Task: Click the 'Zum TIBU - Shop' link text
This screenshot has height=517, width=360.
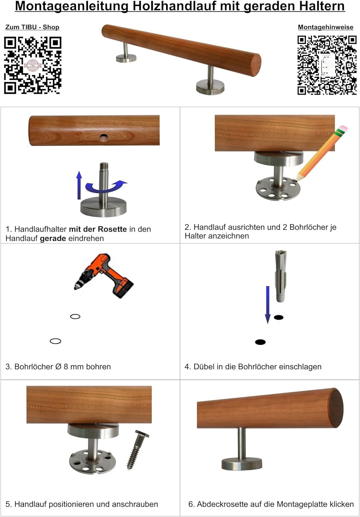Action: coord(32,27)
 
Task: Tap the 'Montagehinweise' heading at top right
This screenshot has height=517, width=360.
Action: coord(326,27)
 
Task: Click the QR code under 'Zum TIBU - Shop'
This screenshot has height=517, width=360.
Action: coord(32,65)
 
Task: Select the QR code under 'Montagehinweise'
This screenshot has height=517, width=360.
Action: coord(327,65)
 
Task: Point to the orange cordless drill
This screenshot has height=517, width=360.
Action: coord(104,276)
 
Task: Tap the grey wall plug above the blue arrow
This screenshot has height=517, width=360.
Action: coord(281,276)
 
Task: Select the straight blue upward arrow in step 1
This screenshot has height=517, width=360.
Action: coord(79,185)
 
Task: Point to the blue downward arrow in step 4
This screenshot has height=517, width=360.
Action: coord(268,305)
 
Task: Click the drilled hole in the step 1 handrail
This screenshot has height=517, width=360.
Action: coord(103,138)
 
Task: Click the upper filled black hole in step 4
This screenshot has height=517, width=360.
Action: coord(279,317)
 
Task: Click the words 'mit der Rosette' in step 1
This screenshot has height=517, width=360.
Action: coord(98,229)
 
